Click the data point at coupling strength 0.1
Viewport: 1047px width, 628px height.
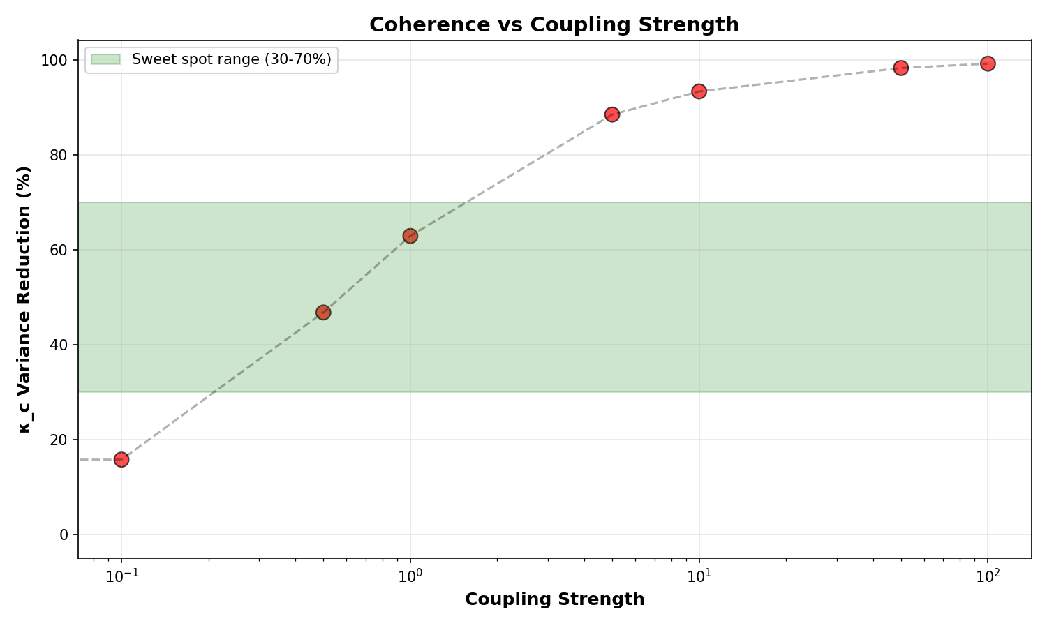click(121, 460)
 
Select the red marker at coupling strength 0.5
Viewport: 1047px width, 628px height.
click(323, 313)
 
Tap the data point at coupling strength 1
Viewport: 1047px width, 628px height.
click(410, 236)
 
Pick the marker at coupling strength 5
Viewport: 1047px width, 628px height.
click(612, 114)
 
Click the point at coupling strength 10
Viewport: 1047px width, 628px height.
click(699, 91)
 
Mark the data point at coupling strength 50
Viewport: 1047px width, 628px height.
click(900, 68)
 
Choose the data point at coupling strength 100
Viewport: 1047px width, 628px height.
click(988, 63)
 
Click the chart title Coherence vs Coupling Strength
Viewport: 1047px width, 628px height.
click(554, 24)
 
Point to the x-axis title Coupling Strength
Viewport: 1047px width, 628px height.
click(554, 599)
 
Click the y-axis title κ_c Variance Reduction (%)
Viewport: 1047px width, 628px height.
click(24, 299)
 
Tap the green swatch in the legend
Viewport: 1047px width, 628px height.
click(105, 59)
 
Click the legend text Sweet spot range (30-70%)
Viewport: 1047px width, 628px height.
click(231, 59)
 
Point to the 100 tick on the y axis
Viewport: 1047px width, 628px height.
click(54, 61)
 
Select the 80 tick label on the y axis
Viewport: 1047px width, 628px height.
click(59, 155)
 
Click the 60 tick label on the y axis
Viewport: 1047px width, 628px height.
click(59, 250)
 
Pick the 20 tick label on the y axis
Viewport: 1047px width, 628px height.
click(59, 440)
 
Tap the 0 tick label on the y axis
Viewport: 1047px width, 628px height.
click(64, 534)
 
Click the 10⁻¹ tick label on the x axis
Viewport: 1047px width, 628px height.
click(121, 576)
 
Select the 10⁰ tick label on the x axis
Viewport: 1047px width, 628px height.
click(410, 576)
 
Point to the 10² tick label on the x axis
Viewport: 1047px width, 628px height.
click(988, 576)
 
